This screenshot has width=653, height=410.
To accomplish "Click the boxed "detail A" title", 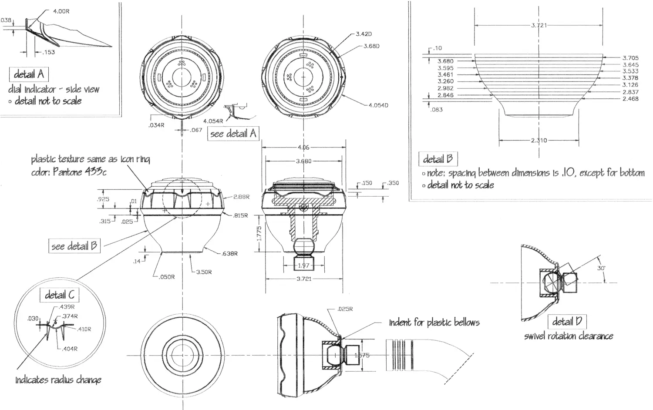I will point(29,74).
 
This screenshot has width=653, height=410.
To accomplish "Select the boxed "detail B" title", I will point(438,159).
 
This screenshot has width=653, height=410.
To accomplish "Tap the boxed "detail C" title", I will point(60,295).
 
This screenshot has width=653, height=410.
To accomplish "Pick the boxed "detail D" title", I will point(567,322).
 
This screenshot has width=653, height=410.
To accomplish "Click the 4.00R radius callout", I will point(61,11).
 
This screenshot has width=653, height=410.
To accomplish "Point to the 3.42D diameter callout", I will point(364,34).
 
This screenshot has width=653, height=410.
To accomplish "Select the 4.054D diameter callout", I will point(378,105).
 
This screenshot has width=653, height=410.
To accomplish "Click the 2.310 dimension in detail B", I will point(539,140).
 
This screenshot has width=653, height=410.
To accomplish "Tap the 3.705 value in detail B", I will point(630,57).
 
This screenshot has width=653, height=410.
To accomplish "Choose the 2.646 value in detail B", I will point(445,95).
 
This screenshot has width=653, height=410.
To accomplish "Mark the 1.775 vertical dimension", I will point(259,234).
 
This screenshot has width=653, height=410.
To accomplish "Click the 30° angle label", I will point(601,268).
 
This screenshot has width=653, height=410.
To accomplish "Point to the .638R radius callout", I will point(229,253).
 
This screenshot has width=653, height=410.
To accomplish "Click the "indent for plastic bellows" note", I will point(434,323).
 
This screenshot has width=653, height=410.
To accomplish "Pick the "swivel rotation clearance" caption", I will point(569,336).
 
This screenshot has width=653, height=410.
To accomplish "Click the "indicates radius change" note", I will point(58,380).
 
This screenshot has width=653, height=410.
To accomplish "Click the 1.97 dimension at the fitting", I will point(303,265).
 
